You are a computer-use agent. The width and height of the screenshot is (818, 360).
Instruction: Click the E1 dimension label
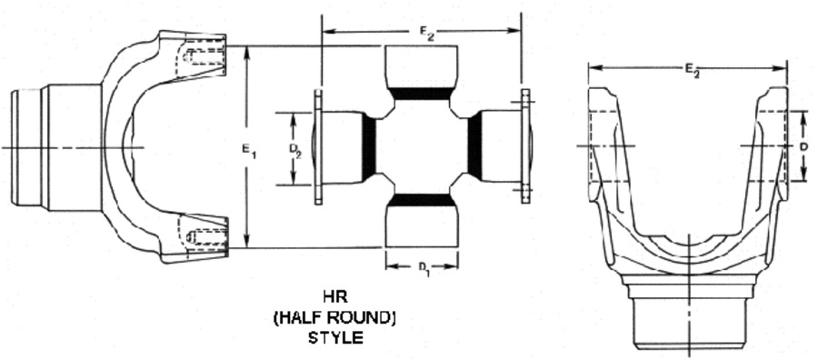249,150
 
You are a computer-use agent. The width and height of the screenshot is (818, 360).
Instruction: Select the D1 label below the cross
424,268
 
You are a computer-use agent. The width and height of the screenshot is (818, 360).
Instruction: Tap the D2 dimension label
295,150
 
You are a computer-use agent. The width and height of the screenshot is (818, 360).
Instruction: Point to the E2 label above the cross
428,34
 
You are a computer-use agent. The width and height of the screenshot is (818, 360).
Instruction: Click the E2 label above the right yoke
693,70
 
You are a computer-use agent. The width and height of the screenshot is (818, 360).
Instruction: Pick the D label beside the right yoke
804,147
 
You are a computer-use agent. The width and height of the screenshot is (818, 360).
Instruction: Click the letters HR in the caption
335,297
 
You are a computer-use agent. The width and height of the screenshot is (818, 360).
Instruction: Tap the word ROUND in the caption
364,318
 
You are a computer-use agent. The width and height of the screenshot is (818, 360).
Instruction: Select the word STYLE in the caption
335,337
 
